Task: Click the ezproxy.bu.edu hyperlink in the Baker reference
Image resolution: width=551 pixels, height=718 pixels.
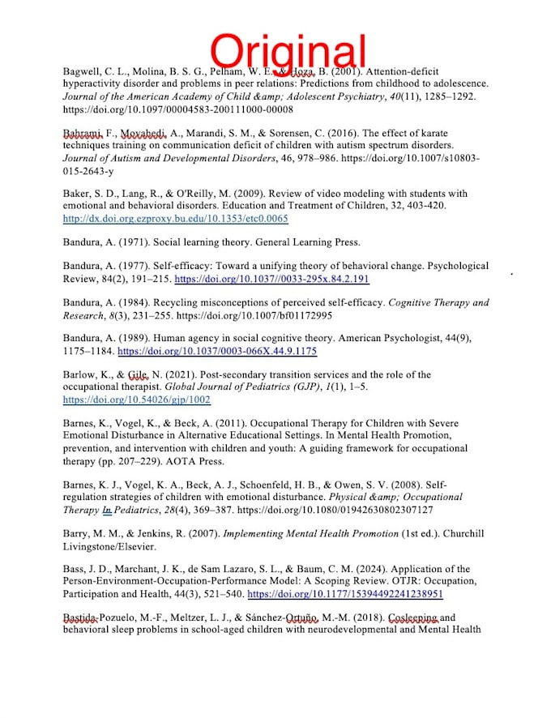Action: [x=175, y=219]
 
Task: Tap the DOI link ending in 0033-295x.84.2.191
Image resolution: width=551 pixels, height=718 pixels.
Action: [x=271, y=279]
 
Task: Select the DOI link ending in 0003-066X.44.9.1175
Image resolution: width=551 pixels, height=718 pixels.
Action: [x=217, y=352]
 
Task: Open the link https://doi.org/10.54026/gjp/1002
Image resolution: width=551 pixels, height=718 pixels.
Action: [x=136, y=400]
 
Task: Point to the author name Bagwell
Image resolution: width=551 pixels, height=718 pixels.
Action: [x=84, y=71]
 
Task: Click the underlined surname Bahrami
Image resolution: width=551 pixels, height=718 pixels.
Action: [x=83, y=133]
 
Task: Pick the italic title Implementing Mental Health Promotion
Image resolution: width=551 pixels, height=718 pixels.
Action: [x=310, y=533]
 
